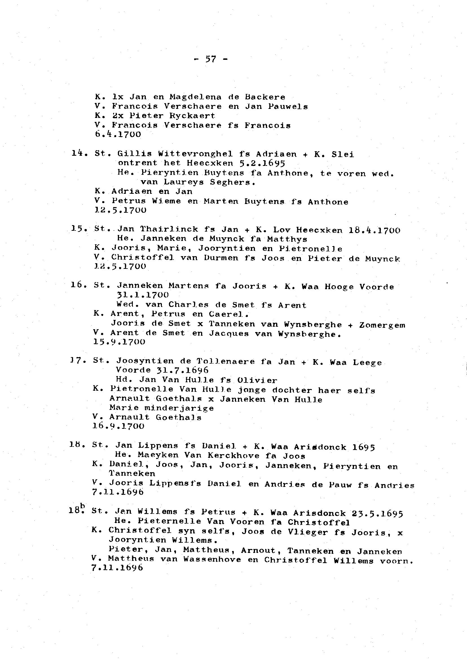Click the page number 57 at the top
coord(210,59)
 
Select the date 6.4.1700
coord(118,134)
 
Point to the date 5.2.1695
coord(262,163)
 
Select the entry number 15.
coord(77,229)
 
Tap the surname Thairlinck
coord(169,229)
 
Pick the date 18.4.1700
coord(374,230)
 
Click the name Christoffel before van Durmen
coord(143,258)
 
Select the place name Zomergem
coord(382,325)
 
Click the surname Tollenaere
coord(226,361)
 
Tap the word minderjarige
coord(179,408)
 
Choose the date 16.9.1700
coord(118,426)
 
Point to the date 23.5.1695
coord(377,513)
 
